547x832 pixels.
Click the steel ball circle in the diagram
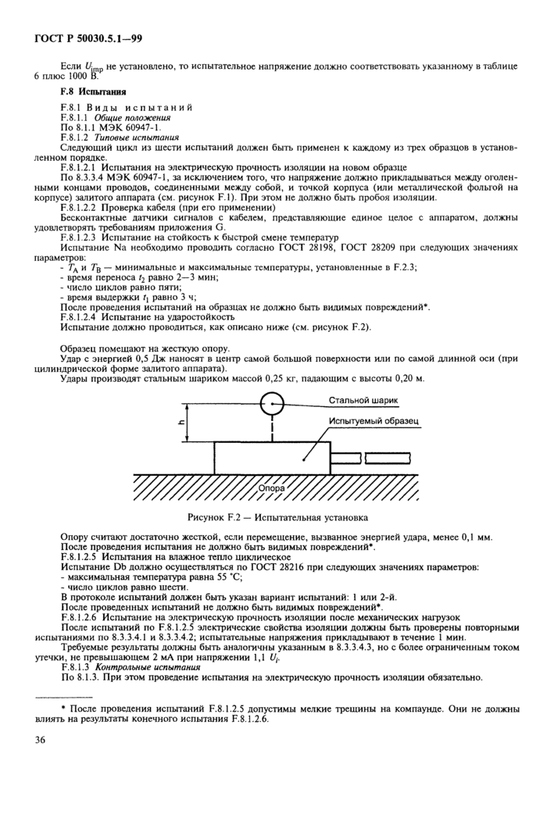[272, 405]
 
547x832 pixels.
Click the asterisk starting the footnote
[62, 706]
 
